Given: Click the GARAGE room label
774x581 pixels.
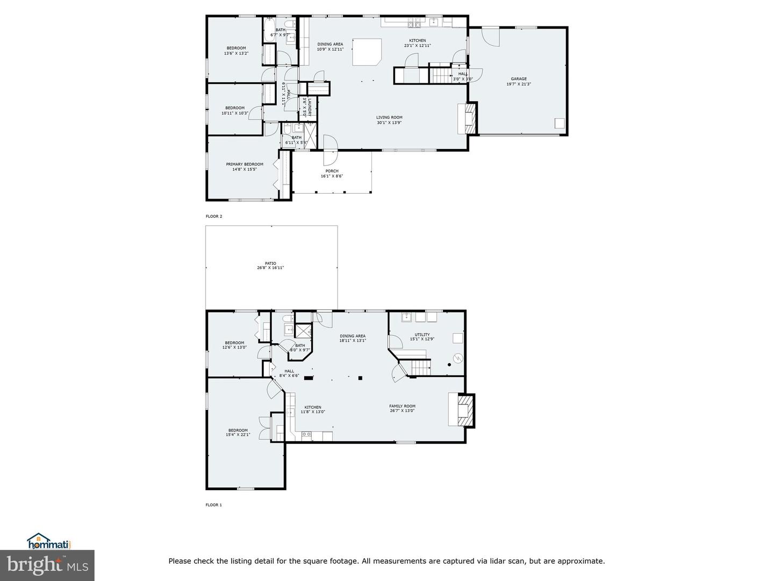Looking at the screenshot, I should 518,79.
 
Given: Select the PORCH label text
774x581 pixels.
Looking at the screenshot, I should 332,171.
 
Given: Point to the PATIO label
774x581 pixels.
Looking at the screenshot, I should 270,264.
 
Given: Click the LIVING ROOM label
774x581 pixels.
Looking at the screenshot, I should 389,117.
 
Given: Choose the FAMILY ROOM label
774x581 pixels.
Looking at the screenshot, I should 402,406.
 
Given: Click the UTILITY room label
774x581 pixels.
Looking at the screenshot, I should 422,335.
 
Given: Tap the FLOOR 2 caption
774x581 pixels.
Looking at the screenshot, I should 214,216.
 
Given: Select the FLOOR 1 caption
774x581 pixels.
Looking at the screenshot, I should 214,505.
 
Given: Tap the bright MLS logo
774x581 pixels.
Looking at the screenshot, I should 47,565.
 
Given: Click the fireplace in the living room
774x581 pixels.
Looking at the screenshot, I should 467,118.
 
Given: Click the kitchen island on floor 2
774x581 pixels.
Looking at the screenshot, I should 367,52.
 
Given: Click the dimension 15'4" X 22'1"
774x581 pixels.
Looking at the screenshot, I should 238,435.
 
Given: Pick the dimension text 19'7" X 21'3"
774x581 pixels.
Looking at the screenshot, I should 518,84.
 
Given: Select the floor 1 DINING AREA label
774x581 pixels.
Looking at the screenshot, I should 353,336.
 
